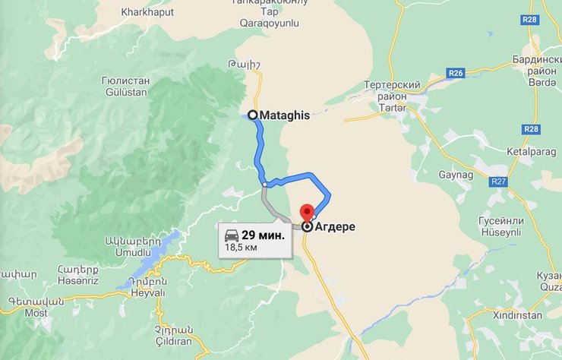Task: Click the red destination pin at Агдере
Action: click(x=307, y=213)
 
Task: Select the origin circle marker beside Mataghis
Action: click(x=252, y=115)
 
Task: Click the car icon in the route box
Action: click(x=231, y=235)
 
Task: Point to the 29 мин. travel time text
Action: click(x=263, y=235)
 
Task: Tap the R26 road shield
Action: click(x=456, y=73)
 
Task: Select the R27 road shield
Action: click(x=498, y=182)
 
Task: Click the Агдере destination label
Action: click(x=334, y=226)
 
